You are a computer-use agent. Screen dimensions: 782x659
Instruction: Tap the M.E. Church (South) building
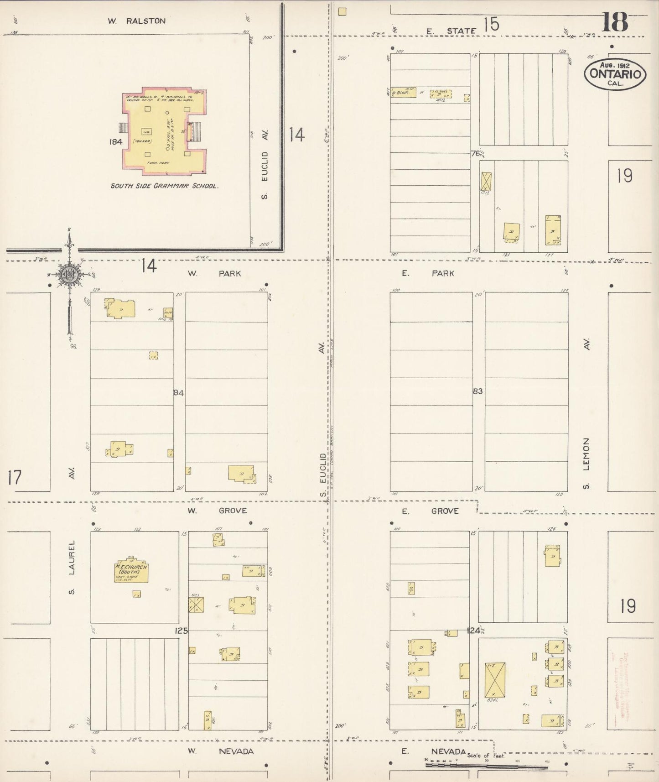(x=131, y=571)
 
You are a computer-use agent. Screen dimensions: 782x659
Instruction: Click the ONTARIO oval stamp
(x=615, y=74)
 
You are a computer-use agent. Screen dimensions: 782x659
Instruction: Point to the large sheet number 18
(x=614, y=21)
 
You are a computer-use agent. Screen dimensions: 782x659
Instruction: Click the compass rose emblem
(x=69, y=275)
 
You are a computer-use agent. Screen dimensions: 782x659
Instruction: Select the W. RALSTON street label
(x=136, y=21)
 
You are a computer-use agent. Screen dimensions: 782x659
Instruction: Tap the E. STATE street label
(x=451, y=31)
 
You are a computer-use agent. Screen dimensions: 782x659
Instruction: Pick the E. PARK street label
(x=428, y=273)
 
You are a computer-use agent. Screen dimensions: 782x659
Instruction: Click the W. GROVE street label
(x=218, y=511)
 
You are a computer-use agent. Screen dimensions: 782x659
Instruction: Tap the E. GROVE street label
(x=430, y=511)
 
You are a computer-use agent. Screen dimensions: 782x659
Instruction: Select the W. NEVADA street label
(x=220, y=751)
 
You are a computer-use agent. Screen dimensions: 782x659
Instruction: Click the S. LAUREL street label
(x=72, y=568)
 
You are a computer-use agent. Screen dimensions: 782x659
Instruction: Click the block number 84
(x=178, y=392)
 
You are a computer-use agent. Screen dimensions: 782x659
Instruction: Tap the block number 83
(x=477, y=391)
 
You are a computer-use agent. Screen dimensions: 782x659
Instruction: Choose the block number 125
(x=181, y=631)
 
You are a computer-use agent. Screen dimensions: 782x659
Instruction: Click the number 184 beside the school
(x=116, y=142)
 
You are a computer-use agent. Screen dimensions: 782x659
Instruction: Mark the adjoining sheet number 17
(x=14, y=478)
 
